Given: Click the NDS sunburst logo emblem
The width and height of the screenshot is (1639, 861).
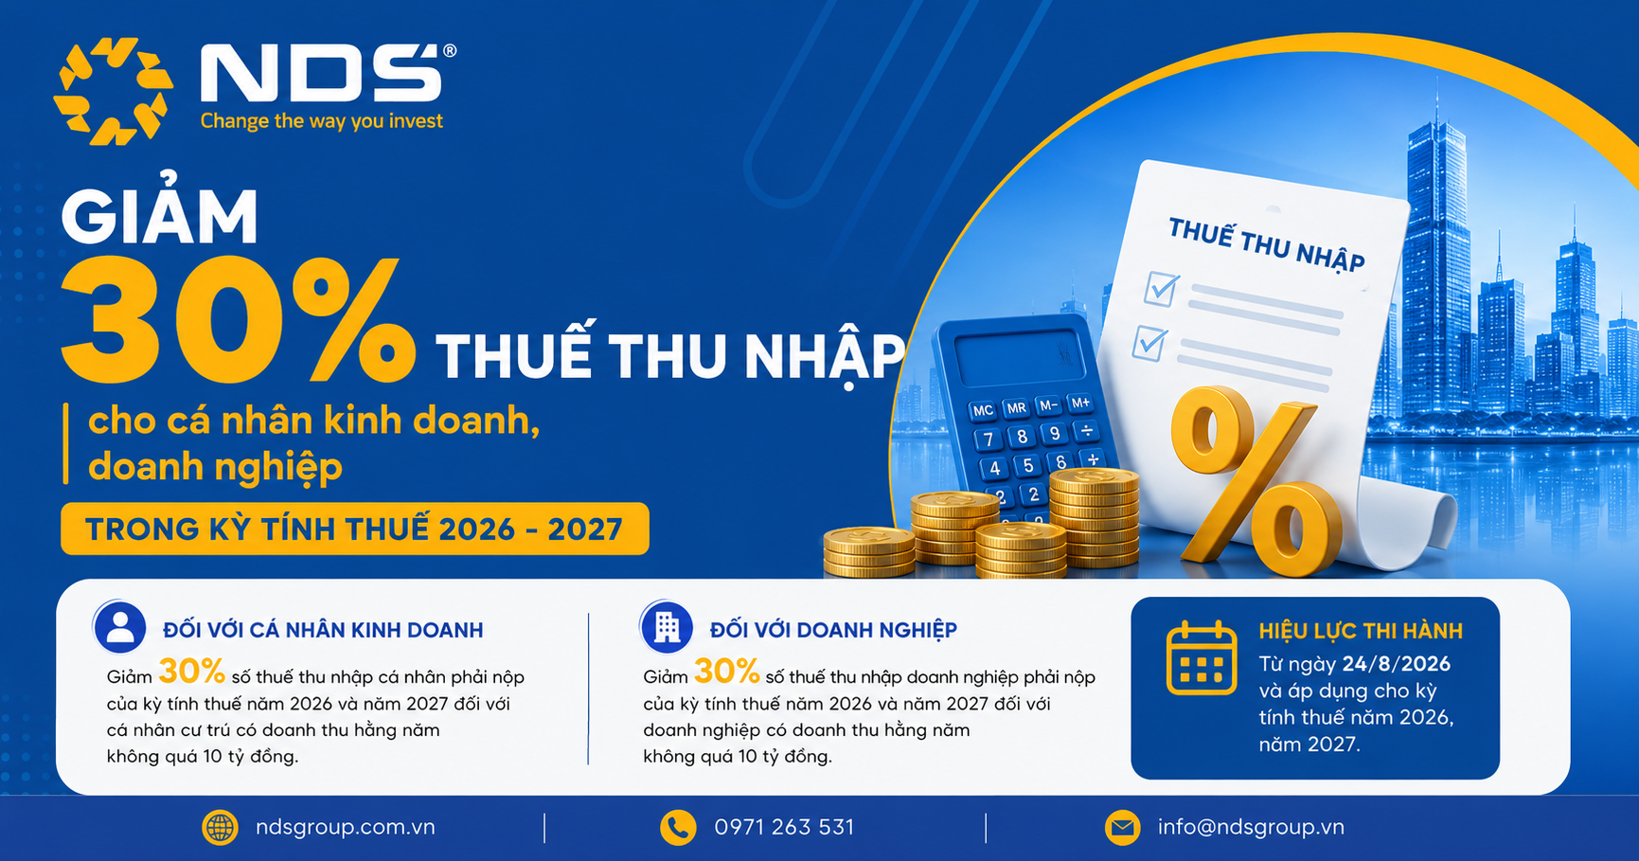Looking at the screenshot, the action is click(x=114, y=91).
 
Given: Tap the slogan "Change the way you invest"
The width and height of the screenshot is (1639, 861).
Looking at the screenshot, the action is click(x=322, y=121).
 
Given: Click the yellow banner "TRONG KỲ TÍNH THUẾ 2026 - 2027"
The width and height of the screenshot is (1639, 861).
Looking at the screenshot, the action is click(x=355, y=529).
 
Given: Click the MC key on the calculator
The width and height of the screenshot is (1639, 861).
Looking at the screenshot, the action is click(x=983, y=411).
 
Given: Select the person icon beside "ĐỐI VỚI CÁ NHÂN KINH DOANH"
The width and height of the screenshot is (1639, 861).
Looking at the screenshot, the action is click(x=120, y=627).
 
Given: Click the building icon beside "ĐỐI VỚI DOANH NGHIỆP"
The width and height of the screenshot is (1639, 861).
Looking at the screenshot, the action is click(x=667, y=627).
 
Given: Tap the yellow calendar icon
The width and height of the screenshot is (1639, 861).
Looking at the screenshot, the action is click(x=1202, y=658).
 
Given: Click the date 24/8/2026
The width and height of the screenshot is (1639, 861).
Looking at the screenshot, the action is click(x=1397, y=664).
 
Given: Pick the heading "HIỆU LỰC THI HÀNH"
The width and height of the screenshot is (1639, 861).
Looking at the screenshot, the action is click(x=1361, y=631).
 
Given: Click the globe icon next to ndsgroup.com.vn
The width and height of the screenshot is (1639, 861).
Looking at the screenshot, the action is click(x=220, y=828).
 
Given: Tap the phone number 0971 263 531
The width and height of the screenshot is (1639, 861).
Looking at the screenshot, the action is click(x=784, y=827).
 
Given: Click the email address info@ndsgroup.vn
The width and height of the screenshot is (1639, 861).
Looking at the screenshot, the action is click(x=1251, y=827).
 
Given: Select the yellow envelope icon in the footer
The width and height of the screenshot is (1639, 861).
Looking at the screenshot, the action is click(x=1122, y=828).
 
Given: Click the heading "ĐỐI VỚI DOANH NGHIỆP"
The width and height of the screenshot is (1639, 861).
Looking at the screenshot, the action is click(x=833, y=630).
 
